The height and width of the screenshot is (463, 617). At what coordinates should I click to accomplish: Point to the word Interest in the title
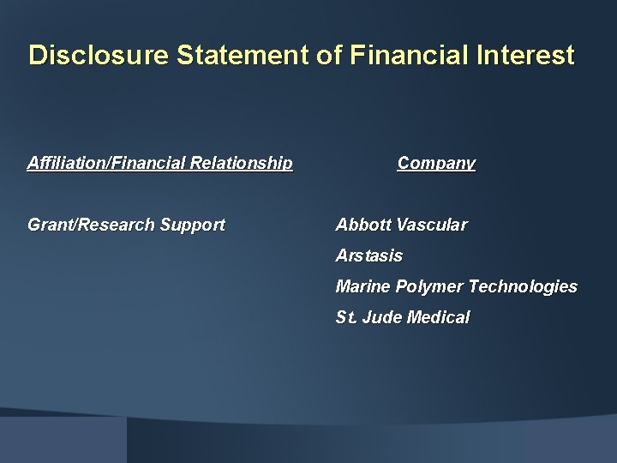524,56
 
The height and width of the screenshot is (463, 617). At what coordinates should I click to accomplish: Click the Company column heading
436,163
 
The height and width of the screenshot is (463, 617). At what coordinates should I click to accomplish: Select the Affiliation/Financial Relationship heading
160,163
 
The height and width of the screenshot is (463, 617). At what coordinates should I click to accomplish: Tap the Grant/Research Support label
126,225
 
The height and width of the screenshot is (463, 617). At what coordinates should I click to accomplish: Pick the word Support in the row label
193,225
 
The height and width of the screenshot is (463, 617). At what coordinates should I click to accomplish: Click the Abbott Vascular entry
401,225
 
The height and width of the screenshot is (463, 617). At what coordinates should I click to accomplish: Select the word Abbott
363,225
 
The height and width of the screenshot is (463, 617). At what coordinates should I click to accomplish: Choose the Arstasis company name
368,256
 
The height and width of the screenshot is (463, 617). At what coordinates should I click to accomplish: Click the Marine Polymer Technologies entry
456,287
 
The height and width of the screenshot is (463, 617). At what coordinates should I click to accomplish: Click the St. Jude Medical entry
403,318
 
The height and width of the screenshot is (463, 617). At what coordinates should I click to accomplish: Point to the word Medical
439,318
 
